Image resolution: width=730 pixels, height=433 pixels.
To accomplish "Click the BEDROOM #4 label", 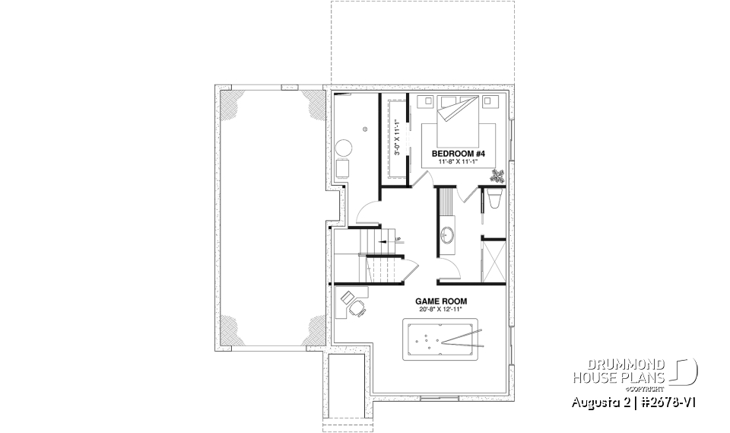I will coord(459,153).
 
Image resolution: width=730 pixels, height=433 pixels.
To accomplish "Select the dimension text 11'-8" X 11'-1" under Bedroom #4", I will coord(459,161).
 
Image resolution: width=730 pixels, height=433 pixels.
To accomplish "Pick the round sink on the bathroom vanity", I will coord(446,235).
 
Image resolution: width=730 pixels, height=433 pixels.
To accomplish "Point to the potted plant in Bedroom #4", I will coord(498,177).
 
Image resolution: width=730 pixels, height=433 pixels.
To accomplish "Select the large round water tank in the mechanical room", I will coord(344,147).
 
